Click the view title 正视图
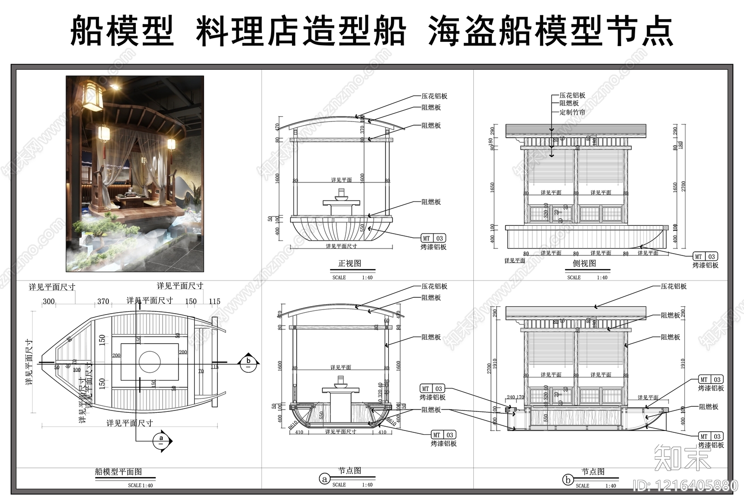(x=349, y=263)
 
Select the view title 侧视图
(x=584, y=263)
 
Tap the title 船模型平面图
(x=118, y=472)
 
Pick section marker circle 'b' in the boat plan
(x=248, y=363)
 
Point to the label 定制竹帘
(x=572, y=112)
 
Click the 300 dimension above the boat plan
(x=49, y=302)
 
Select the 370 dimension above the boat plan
(x=103, y=302)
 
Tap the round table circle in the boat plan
(x=150, y=362)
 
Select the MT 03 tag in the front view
(x=433, y=238)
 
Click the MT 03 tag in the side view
(x=705, y=256)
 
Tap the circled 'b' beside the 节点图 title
(x=567, y=480)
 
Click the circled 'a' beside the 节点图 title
(x=325, y=479)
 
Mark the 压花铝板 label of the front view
(x=434, y=96)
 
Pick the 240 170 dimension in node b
(x=515, y=397)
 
